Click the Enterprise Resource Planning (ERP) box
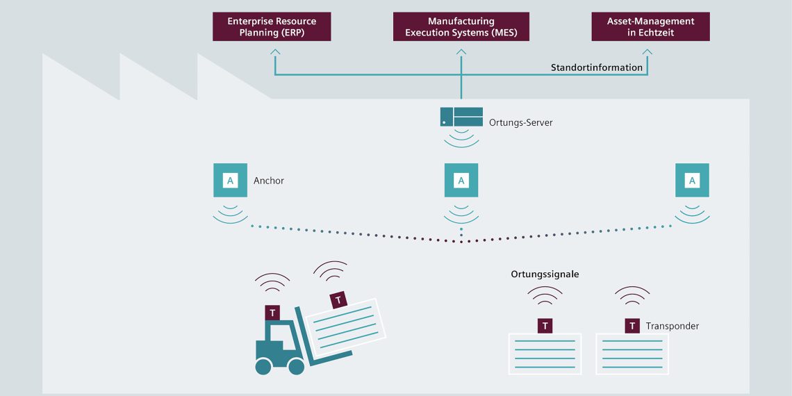[272, 26]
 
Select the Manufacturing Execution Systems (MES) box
[461, 26]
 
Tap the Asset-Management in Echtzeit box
[650, 26]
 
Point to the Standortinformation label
[596, 67]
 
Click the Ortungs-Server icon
[461, 117]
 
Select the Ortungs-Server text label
[520, 123]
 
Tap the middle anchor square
[461, 181]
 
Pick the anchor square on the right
[692, 181]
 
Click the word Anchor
[269, 181]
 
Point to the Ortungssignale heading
[545, 274]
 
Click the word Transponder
[672, 326]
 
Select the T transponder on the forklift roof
[272, 313]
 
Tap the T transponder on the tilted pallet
[338, 300]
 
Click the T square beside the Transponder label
[632, 326]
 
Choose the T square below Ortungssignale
[545, 326]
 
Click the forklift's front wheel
[297, 366]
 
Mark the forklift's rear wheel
[263, 366]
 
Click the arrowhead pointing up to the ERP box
[276, 51]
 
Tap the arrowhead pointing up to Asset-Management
[647, 51]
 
